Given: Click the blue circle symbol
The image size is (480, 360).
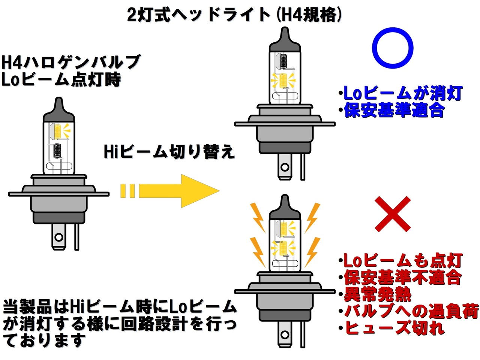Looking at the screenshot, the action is point(392,48).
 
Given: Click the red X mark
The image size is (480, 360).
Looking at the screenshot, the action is point(393,214).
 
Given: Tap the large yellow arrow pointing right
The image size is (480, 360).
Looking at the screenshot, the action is point(179,191).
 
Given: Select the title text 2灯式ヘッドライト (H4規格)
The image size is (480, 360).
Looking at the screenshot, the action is point(235,15).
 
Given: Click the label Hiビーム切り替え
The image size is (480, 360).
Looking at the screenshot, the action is point(169,152).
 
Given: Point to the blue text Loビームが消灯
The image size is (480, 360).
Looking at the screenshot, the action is point(403,93).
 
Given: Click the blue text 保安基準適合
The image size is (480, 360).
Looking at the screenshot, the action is point(394,110).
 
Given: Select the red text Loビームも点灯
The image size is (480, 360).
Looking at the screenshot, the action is point(403,261).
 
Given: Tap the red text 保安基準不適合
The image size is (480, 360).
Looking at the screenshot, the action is point(402,278).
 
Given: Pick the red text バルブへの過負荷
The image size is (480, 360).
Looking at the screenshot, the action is point(411,311).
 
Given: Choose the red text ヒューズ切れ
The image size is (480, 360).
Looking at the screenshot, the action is point(394,328).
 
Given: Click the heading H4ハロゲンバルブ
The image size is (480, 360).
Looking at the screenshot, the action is point(71,62).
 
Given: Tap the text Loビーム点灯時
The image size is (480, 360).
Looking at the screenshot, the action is point(61,79).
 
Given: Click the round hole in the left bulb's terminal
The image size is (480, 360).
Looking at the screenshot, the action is point(58,237).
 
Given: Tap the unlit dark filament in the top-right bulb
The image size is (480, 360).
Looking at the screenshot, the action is point(284,59).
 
